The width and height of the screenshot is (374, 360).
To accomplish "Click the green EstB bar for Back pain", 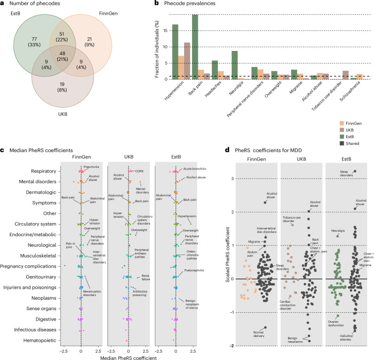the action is tap(195, 47).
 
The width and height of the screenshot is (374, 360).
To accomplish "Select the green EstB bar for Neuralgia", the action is tap(234, 65).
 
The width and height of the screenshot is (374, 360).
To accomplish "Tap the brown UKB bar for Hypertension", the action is tap(187, 61).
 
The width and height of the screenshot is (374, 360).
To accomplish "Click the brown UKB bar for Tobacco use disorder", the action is tap(346, 75).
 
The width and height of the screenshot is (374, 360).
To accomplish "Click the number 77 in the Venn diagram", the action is tap(34, 39).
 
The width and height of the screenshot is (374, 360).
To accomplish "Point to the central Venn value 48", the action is tap(62, 54).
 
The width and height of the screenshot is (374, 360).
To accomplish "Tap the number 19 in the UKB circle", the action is tap(62, 84).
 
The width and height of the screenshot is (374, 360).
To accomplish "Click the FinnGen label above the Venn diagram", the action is tap(108, 14).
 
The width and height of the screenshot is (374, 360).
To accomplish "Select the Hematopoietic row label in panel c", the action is tap(40, 340).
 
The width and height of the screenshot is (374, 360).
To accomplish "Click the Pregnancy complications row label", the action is tap(28, 266).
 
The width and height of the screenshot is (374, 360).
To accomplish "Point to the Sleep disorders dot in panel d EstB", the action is tap(355, 171).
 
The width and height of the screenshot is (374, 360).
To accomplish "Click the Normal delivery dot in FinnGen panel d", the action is tap(265, 327).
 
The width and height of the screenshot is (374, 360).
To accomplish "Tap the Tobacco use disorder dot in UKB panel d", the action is tap(292, 225).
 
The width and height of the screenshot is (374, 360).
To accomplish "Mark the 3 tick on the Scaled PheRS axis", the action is tap(232, 178).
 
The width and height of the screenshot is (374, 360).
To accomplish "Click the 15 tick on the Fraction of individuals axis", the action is tap(165, 30).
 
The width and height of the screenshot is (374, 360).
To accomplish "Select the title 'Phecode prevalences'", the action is tap(190, 3).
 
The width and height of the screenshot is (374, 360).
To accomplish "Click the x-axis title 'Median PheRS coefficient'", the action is tap(129, 357).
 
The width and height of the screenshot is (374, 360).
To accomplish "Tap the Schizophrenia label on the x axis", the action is tap(350, 91).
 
